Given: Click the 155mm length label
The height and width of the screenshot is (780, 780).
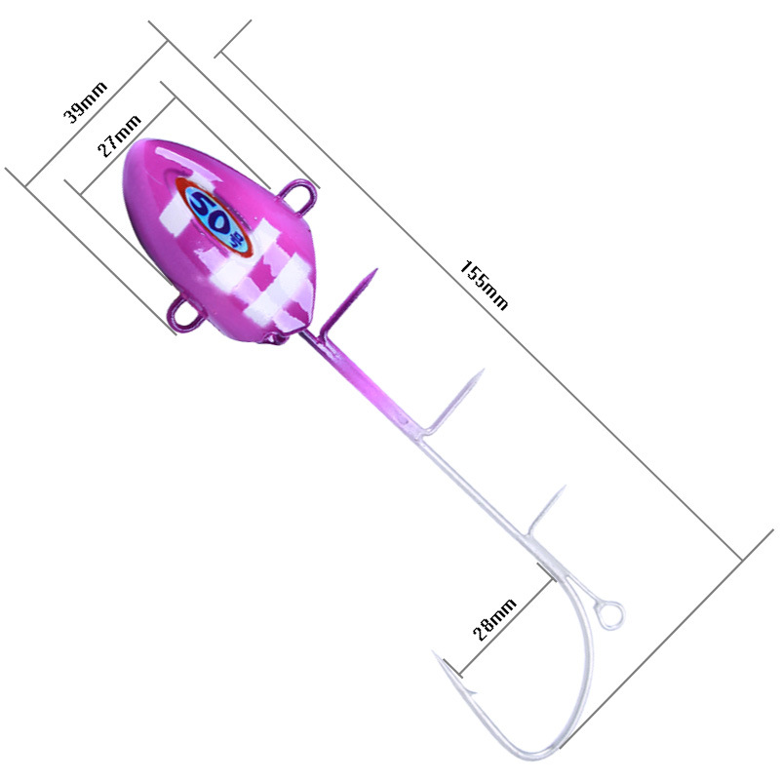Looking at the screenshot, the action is pyautogui.click(x=484, y=285).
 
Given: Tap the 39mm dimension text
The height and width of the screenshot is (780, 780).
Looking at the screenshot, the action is pyautogui.click(x=85, y=102).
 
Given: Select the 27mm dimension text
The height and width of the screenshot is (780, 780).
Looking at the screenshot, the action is pyautogui.click(x=119, y=136).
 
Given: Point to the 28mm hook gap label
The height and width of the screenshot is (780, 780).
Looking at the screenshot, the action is pyautogui.click(x=494, y=619).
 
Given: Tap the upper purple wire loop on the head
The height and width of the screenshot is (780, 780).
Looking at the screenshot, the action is pyautogui.click(x=300, y=192).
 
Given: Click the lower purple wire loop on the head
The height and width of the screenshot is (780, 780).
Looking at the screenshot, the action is pyautogui.click(x=184, y=313).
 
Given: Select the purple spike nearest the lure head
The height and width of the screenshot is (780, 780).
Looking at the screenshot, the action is pyautogui.click(x=348, y=303).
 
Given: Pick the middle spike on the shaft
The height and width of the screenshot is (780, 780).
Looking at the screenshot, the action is pyautogui.click(x=451, y=403).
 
